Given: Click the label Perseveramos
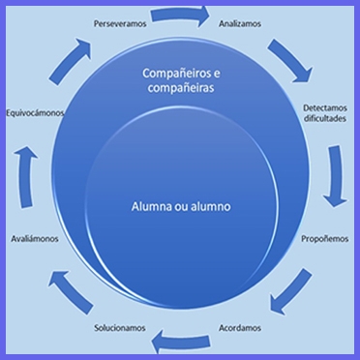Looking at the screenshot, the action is pos(120,24).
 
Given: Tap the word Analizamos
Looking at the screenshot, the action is pos(240,24).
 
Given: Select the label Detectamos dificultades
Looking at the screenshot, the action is pos(325,113).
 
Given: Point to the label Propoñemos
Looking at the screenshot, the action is pos(325,239).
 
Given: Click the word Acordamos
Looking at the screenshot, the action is pos(240,328).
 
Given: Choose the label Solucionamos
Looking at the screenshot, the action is pos(120,328).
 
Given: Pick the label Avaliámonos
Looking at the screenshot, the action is pos(35,239).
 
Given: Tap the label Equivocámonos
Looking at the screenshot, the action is pos(35,113).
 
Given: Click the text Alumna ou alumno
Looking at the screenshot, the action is pos(181,207).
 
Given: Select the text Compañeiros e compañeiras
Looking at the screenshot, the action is pos(181,80).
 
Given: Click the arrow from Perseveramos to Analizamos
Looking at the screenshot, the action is pos(181,15).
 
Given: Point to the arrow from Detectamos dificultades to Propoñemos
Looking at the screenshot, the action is pos(336,176).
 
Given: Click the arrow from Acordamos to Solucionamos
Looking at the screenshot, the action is pos(181,341).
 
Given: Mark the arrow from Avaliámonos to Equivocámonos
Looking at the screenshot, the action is pos(27,176).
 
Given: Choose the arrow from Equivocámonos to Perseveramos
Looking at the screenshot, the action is pos(71,60).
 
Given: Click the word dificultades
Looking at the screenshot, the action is pos(325,118).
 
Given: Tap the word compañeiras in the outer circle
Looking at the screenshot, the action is pos(181,88).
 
